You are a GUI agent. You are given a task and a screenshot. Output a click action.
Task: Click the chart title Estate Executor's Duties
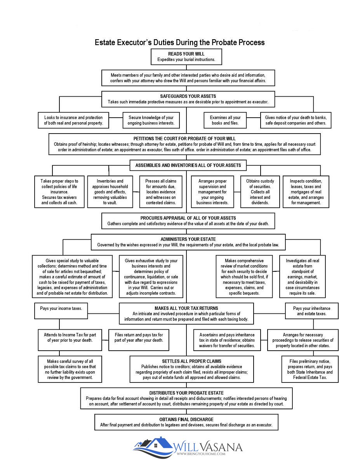click(180, 42)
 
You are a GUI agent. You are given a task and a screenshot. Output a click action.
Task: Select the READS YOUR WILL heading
click(186, 54)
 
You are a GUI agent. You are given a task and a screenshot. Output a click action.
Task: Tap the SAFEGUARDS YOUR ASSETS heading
click(188, 96)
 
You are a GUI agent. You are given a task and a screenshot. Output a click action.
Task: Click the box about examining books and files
click(225, 120)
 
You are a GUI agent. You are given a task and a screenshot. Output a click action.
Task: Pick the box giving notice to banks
click(296, 120)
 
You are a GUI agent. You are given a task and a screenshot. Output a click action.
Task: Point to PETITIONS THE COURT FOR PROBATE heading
click(184, 138)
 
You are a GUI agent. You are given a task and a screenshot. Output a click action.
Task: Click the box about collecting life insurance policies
click(59, 192)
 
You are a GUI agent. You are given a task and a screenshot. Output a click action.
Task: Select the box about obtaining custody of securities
click(260, 192)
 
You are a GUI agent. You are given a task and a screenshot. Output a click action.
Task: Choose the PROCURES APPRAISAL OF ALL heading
click(188, 218)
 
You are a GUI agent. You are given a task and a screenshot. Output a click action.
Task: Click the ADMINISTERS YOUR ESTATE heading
click(188, 239)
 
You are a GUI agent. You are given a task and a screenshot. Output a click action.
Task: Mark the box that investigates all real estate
click(303, 276)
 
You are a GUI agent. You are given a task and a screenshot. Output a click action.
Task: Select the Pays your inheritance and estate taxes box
click(311, 311)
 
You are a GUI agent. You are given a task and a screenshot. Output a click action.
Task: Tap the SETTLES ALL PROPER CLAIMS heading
click(192, 361)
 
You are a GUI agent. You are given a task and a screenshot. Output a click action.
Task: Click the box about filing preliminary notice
click(310, 369)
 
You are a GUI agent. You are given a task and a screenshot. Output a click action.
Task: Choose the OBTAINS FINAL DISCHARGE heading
click(186, 419)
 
